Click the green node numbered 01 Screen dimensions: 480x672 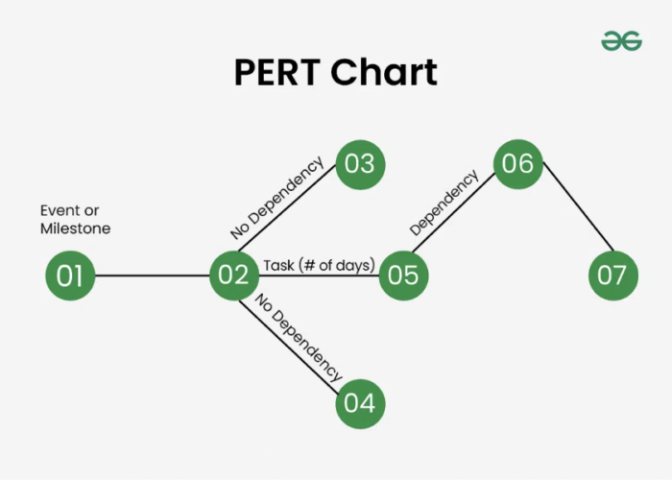(x=70, y=276)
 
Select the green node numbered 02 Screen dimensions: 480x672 (x=234, y=276)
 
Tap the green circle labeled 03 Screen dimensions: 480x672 (x=359, y=163)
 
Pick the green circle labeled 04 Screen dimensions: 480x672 (x=359, y=402)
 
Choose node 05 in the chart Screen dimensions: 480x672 (x=403, y=276)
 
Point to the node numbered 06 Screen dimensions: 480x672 (x=517, y=163)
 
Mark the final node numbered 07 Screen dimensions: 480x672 (x=612, y=276)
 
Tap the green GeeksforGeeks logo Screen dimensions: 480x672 (x=621, y=40)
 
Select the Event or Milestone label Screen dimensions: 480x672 (x=75, y=220)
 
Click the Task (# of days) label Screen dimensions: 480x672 (x=319, y=265)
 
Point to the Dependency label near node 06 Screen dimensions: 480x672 (x=444, y=204)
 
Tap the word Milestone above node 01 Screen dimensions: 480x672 (x=75, y=229)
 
